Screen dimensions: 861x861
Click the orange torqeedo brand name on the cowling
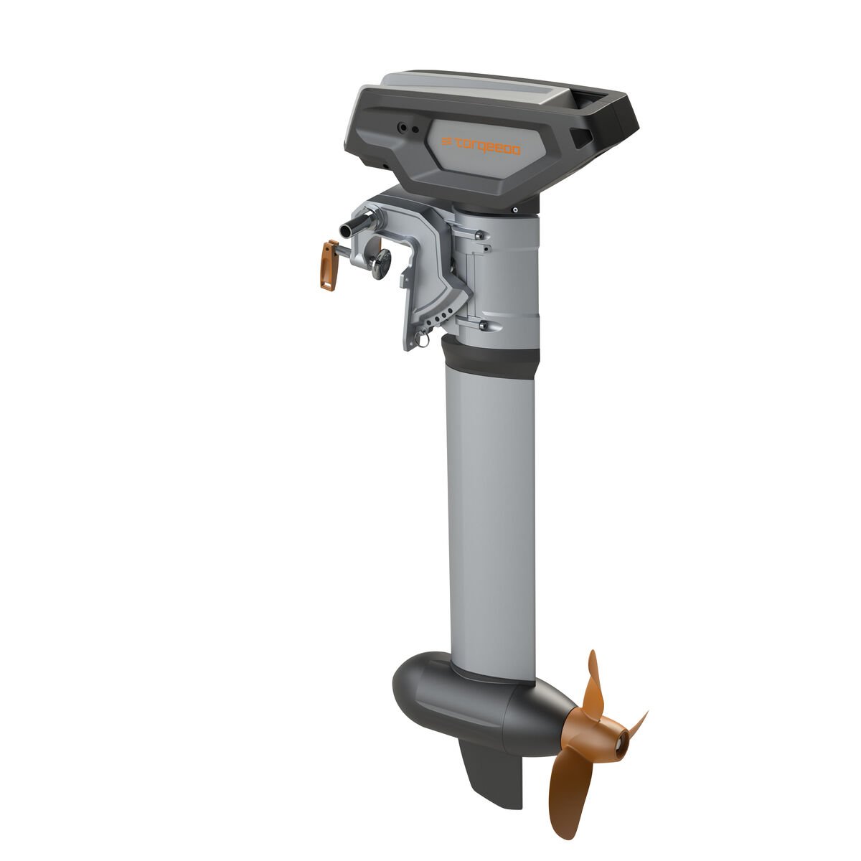pyautogui.click(x=482, y=146)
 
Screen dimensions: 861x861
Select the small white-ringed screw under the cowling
pyautogui.click(x=515, y=210)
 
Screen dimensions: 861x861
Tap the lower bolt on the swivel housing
pyautogui.click(x=482, y=326)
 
